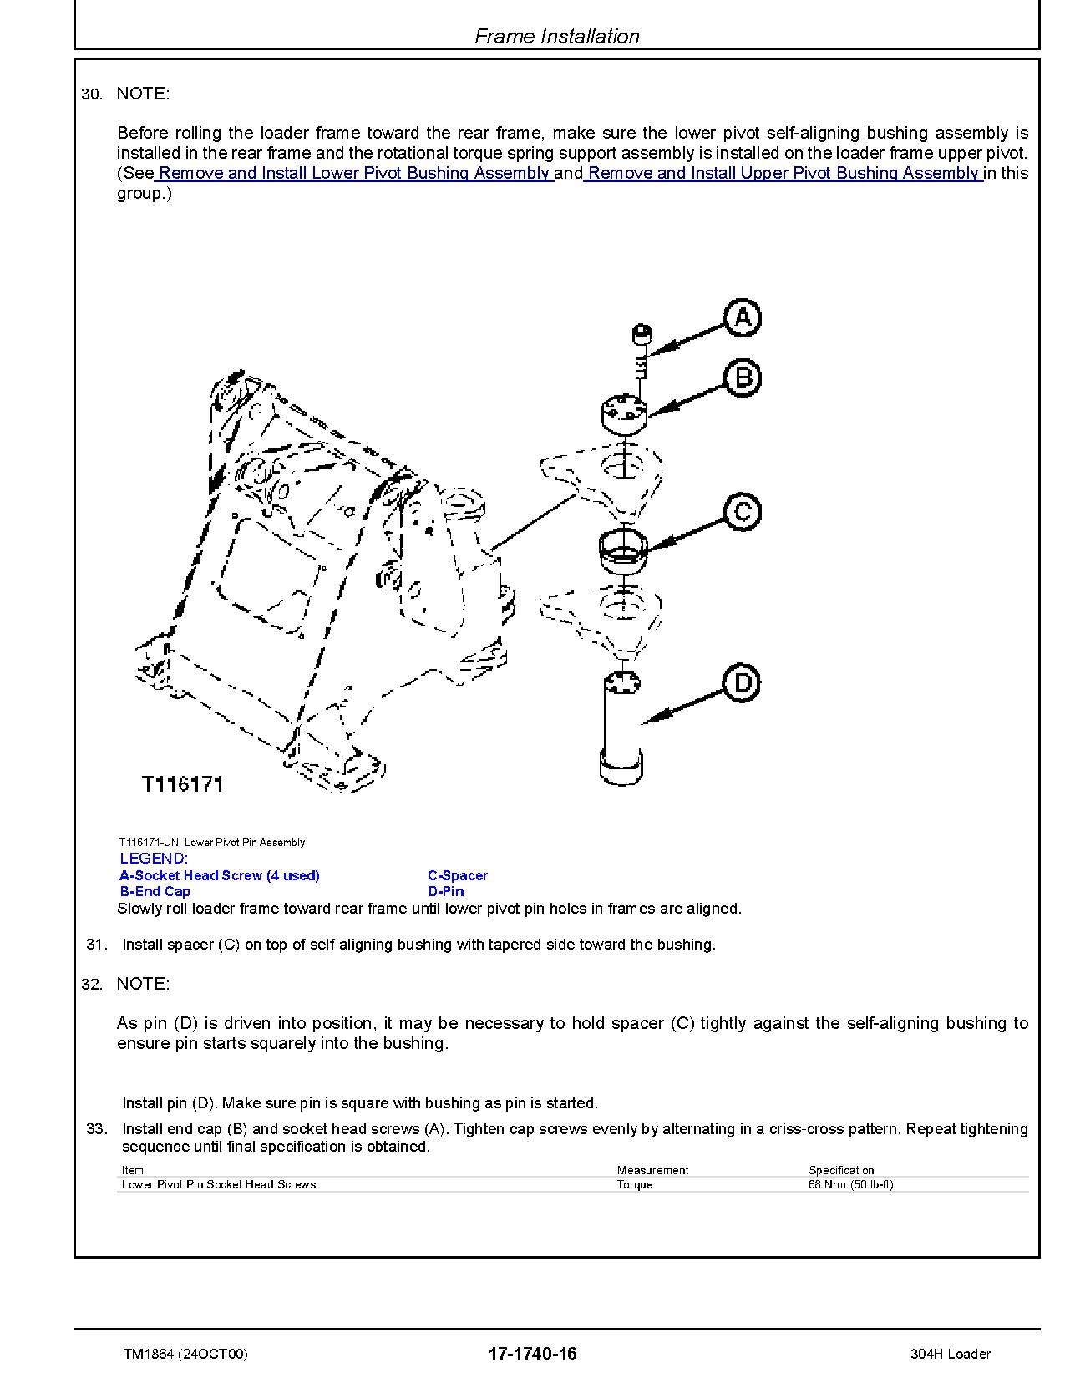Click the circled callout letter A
pos(742,318)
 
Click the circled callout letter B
pos(743,377)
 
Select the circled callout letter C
pos(743,511)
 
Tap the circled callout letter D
pos(743,683)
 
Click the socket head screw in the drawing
pos(642,351)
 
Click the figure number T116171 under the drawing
pos(183,784)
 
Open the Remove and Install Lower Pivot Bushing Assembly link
pos(353,173)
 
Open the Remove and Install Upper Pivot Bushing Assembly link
pos(783,173)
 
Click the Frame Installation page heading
pos(557,36)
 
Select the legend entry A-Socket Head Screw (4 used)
pos(220,875)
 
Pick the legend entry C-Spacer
pos(458,875)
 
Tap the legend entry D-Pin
pos(446,891)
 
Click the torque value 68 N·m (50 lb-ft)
pos(850,1184)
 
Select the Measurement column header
pos(652,1170)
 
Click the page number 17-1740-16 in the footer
pos(533,1354)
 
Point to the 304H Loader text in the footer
pos(951,1354)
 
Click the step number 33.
pos(97,1128)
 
